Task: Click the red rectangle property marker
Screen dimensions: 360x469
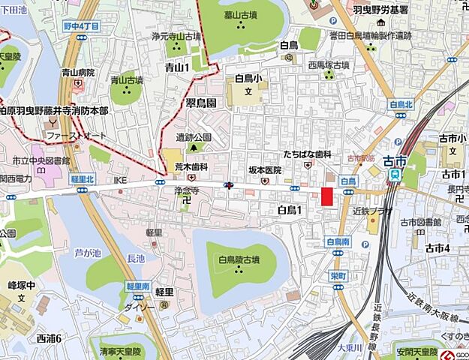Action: pyautogui.click(x=326, y=196)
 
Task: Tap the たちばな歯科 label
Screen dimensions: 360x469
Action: pyautogui.click(x=307, y=154)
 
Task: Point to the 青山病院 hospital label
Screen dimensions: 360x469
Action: pyautogui.click(x=78, y=73)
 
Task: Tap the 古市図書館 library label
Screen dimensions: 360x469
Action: pyautogui.click(x=424, y=222)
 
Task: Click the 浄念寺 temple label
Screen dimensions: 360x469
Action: pyautogui.click(x=185, y=191)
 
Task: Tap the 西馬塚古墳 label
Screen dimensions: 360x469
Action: pyautogui.click(x=328, y=65)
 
